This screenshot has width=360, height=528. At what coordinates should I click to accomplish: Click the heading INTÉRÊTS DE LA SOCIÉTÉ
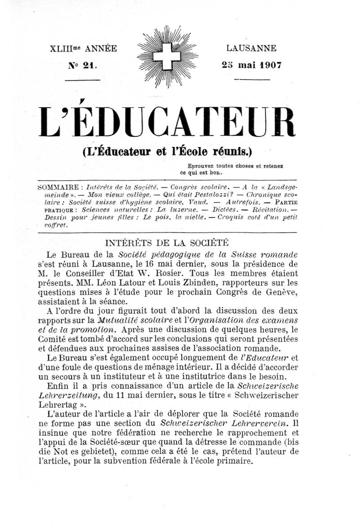168,242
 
